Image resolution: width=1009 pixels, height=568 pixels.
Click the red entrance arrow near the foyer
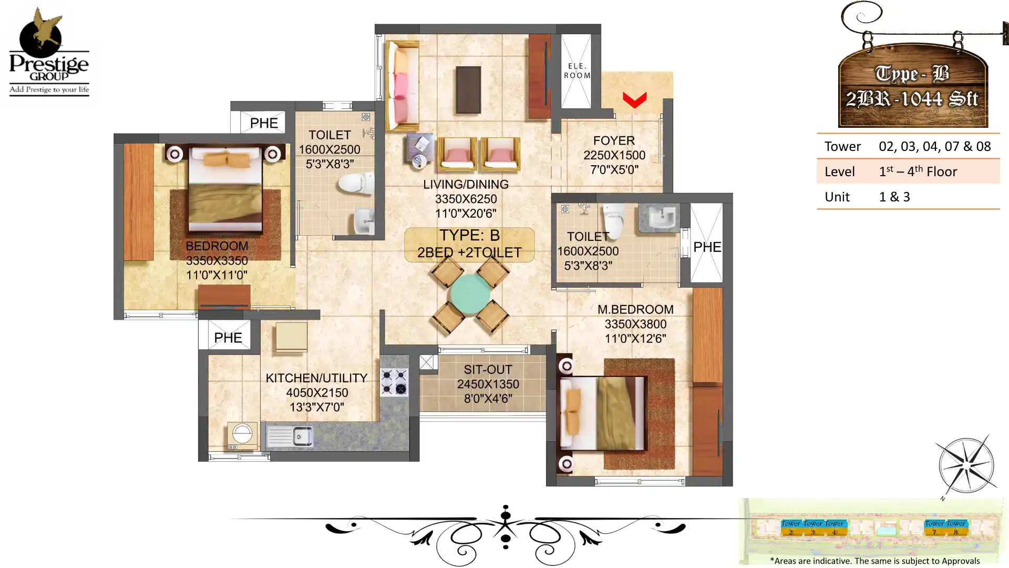pos(634,100)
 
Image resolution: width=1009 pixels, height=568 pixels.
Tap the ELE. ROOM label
pos(576,70)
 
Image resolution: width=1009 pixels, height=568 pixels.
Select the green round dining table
pos(470,294)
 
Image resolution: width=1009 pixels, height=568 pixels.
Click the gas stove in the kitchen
pos(394,382)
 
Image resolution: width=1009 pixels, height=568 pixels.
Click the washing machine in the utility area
pos(242,435)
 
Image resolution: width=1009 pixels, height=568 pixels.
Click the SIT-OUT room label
pos(488,370)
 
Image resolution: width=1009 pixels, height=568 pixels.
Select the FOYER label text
pos(614,141)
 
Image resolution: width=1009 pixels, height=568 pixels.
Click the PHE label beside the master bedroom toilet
pos(707,247)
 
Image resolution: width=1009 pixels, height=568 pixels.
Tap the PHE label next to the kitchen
pos(228,338)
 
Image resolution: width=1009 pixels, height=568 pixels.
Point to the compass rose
pos(967,466)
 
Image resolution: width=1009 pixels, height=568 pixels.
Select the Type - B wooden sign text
pos(912,74)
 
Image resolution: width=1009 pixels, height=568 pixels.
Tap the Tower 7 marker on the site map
pos(934,528)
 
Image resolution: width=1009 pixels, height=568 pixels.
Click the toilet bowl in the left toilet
pos(355,185)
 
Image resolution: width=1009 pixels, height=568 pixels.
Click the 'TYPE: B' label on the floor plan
pos(469,235)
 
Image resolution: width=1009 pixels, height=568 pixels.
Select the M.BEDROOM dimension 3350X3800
pos(635,324)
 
